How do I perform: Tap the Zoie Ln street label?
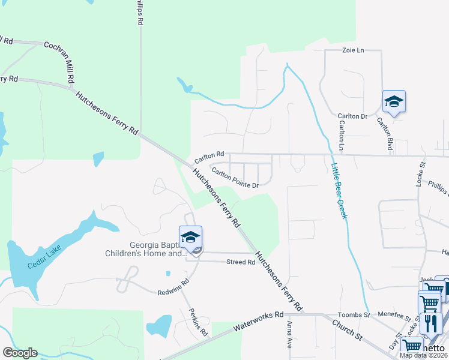[x=353, y=50]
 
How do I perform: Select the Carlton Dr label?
[x=352, y=116]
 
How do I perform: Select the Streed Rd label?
[x=241, y=262]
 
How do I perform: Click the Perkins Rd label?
[x=199, y=322]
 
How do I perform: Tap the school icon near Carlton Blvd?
[x=394, y=101]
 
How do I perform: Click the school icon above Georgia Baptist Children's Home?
[x=190, y=237]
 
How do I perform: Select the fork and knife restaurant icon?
[x=430, y=323]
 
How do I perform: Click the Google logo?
[x=20, y=353]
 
